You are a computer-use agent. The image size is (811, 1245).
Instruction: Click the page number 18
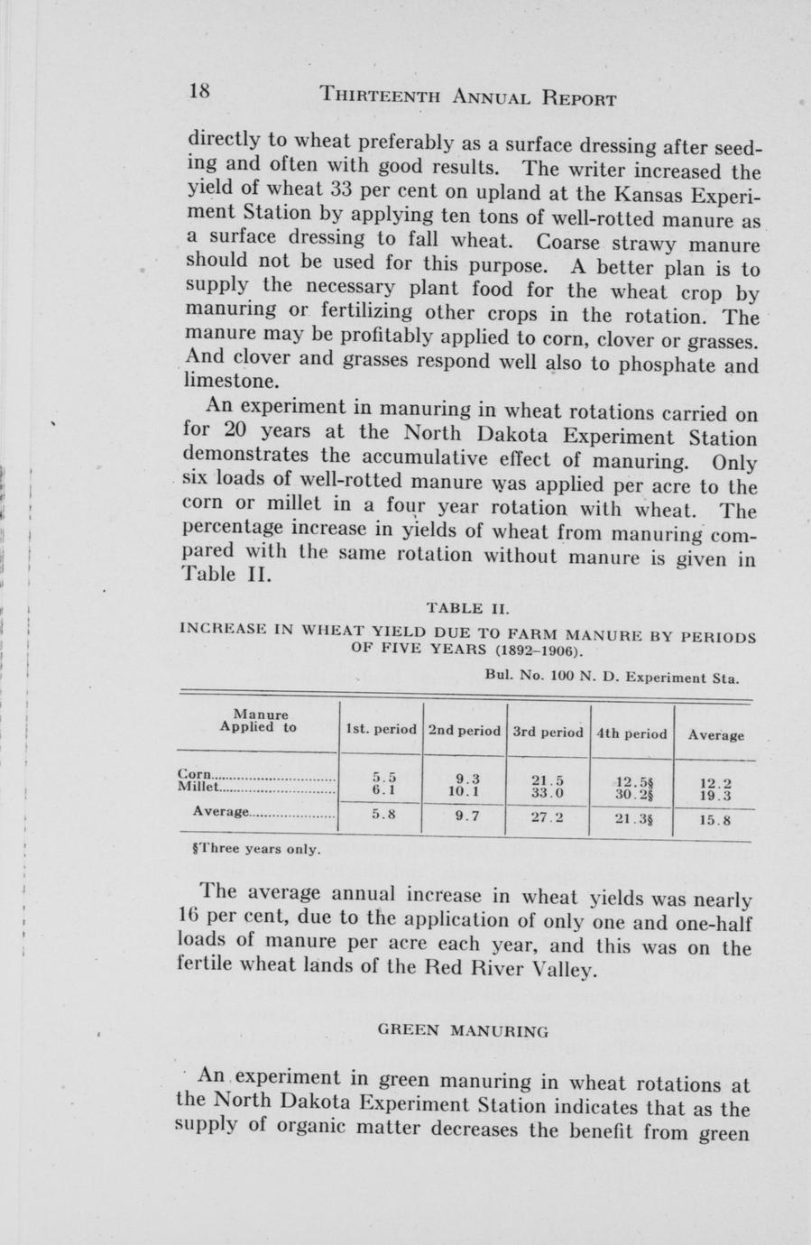tap(199, 91)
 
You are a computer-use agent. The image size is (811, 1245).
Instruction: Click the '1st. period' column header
tap(381, 729)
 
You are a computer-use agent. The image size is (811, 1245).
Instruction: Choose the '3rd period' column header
tap(548, 732)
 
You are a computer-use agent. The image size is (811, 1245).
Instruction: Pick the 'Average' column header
tap(716, 734)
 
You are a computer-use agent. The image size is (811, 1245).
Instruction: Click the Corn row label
tap(195, 773)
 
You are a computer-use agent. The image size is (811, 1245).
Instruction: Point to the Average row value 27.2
tap(548, 818)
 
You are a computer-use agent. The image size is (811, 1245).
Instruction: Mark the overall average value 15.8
tap(715, 821)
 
